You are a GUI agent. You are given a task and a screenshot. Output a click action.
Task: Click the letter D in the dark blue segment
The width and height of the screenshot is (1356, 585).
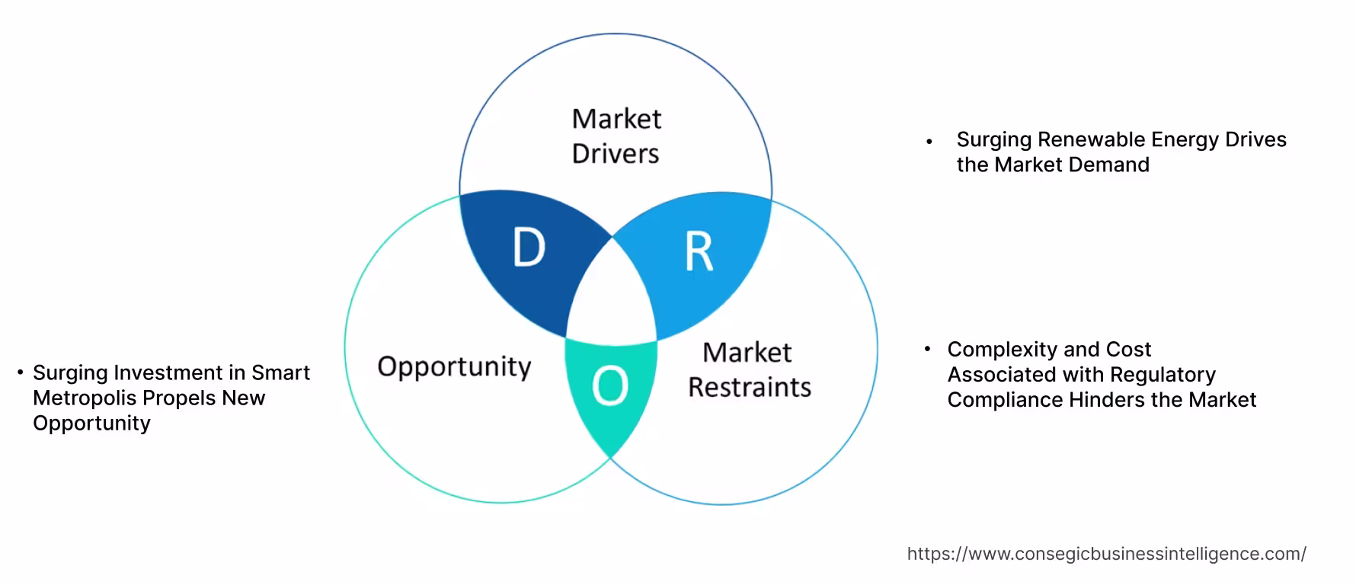click(529, 248)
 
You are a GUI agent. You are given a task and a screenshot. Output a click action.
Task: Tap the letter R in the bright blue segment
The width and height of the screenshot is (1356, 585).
click(699, 252)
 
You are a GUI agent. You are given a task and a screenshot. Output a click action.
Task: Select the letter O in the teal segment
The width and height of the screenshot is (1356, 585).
click(609, 385)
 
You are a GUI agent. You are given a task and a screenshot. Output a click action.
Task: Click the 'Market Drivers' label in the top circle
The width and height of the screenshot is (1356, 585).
click(616, 136)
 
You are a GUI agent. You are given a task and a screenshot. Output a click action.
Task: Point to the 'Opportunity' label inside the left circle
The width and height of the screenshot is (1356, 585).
click(454, 366)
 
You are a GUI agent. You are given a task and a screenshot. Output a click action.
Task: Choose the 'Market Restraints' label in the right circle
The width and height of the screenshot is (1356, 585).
click(749, 369)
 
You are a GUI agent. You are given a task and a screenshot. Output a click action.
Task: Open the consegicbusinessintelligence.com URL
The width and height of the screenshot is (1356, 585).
click(1106, 554)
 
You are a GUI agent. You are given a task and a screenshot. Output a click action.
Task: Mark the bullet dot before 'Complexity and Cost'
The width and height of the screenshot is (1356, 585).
click(927, 349)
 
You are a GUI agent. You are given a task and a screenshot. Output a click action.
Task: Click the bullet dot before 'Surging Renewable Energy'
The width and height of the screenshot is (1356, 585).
click(929, 141)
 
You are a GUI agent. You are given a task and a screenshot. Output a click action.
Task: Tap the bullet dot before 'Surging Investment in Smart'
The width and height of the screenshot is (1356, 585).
click(21, 372)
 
